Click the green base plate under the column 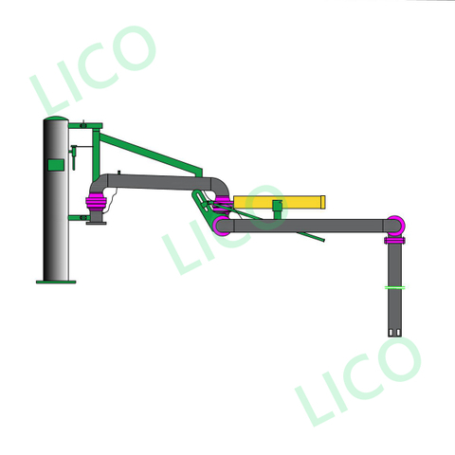pyautogui.click(x=56, y=282)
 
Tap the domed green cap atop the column pyautogui.click(x=56, y=120)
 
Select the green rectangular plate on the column pyautogui.click(x=56, y=165)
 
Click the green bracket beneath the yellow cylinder pyautogui.click(x=277, y=209)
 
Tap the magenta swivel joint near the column pyautogui.click(x=96, y=202)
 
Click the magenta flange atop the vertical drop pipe pyautogui.click(x=395, y=241)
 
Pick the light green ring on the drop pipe pyautogui.click(x=395, y=287)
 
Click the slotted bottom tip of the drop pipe pyautogui.click(x=395, y=331)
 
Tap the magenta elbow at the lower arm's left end pyautogui.click(x=222, y=226)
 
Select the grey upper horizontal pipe pyautogui.click(x=161, y=180)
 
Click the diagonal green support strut pyautogui.click(x=152, y=152)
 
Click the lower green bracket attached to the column pyautogui.click(x=77, y=218)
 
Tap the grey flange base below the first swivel pyautogui.click(x=96, y=219)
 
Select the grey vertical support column pyautogui.click(x=56, y=218)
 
